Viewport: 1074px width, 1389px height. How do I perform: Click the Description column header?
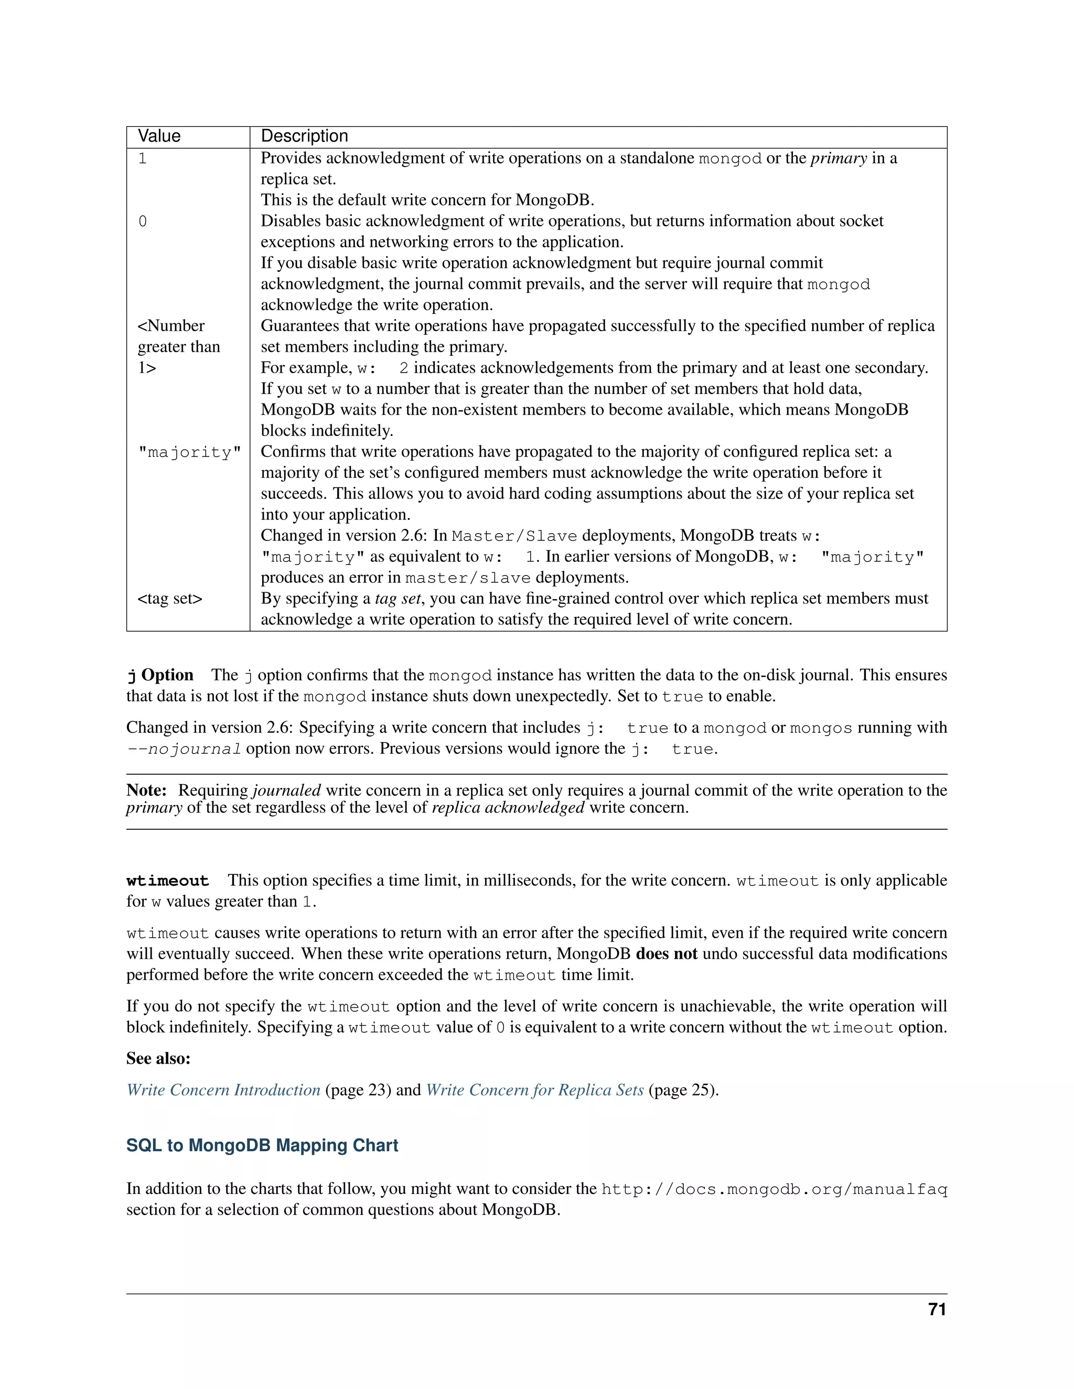(304, 136)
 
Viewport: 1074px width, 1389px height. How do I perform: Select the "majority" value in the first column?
(190, 452)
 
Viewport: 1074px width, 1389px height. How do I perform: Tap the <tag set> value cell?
(170, 599)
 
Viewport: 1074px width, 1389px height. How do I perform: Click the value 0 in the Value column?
(143, 221)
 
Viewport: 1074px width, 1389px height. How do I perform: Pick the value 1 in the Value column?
(143, 158)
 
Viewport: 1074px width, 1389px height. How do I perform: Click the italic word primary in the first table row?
(838, 158)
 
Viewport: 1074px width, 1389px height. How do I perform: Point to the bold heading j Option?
(160, 675)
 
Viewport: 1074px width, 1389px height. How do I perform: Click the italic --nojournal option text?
(184, 748)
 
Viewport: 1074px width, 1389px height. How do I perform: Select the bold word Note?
(146, 790)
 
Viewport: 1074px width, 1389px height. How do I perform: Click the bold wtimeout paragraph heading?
(167, 881)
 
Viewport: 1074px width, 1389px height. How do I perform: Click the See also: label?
(158, 1058)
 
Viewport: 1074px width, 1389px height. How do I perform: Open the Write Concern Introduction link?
(223, 1090)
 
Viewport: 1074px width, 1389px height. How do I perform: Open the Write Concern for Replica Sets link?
(534, 1090)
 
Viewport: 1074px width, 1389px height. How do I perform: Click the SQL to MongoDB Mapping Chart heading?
(262, 1145)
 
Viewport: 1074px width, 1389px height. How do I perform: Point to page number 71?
(937, 1309)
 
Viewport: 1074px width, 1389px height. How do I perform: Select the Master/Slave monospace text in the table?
(514, 536)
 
